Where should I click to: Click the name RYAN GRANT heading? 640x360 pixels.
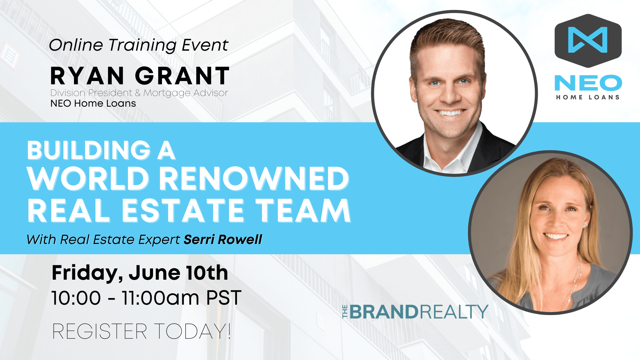pos(140,76)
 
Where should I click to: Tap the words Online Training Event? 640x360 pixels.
pos(139,45)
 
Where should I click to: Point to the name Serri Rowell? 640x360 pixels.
pos(223,239)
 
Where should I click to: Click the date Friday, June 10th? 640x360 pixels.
pos(140,273)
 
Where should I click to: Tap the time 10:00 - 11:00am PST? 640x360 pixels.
pos(146,298)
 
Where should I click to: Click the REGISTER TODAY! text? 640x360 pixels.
pos(142,331)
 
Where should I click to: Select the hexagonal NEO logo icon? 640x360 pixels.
pos(588,40)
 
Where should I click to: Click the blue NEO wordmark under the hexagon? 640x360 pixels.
pos(588,83)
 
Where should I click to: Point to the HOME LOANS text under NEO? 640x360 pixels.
pos(588,97)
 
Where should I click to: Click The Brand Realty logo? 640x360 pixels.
pos(415,312)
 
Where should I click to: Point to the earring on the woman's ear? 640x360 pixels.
pos(585,225)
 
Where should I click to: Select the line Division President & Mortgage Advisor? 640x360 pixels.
pos(139,93)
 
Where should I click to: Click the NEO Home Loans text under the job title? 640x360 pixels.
pos(93,103)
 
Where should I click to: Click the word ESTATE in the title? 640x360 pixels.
pos(183,210)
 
